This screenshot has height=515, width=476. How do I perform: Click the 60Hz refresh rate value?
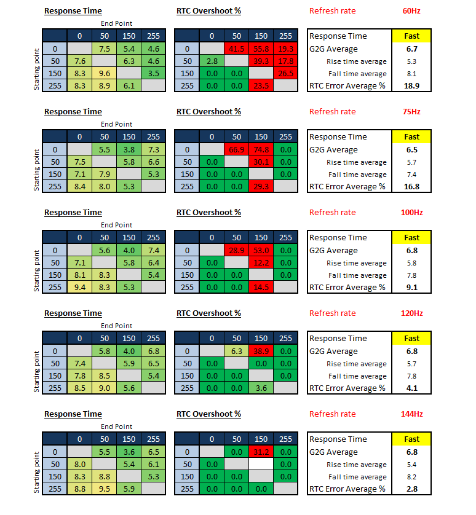pos(411,11)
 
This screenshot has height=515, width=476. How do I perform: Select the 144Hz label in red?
pos(411,414)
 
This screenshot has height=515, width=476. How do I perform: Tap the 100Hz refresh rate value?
pos(411,213)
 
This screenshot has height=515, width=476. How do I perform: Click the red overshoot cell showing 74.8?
pos(261,150)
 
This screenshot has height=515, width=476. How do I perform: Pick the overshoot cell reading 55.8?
pos(261,49)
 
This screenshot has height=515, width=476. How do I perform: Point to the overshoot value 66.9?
pos(237,150)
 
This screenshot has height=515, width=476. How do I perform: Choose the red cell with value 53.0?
pos(261,251)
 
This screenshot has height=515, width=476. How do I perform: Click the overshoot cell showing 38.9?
pos(261,352)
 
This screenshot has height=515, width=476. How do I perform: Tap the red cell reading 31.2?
pos(261,452)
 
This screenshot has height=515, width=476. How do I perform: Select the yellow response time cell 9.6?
pos(105,74)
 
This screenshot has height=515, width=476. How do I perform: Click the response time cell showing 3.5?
pos(154,74)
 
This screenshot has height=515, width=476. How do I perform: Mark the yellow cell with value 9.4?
pos(80,288)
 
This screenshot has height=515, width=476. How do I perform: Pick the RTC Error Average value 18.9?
pos(411,86)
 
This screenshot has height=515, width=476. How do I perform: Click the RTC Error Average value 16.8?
pos(411,187)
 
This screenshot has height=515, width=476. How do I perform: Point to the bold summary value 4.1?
pos(411,388)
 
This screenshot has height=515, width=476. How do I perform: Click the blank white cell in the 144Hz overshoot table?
pos(261,465)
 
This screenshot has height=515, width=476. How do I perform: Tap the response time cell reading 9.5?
pos(105,489)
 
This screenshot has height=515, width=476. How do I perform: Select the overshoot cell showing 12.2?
pos(261,263)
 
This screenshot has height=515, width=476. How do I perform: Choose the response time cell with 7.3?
pos(154,150)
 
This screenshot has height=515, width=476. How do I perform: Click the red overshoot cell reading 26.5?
pos(286,74)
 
